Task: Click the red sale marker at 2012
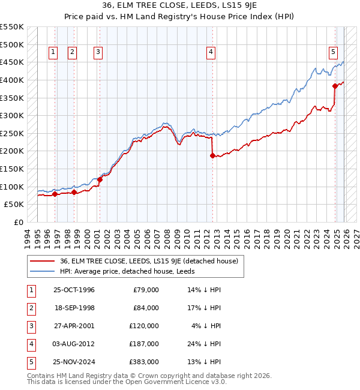(x=212, y=155)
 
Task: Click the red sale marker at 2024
(x=335, y=86)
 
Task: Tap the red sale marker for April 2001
(x=100, y=179)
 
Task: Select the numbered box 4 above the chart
(x=211, y=53)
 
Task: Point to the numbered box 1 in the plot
(x=53, y=53)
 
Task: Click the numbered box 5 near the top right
(x=333, y=53)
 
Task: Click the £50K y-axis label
(x=14, y=205)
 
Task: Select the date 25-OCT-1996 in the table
(x=74, y=290)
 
